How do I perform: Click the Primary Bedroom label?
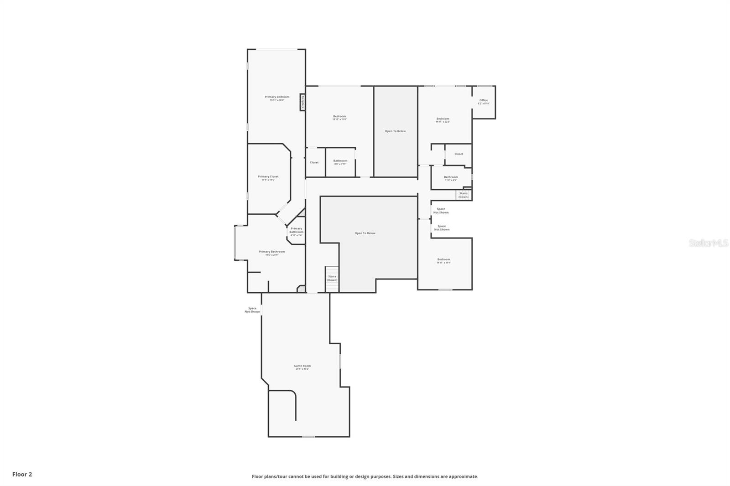[277, 98]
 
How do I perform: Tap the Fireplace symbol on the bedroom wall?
[302, 102]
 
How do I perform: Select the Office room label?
[484, 102]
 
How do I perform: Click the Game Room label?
[302, 367]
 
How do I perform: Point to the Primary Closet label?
[268, 178]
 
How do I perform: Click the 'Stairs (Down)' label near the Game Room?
[332, 278]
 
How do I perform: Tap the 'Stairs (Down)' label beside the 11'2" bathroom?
[463, 195]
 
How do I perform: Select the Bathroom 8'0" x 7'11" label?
[340, 162]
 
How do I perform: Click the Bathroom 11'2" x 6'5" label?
[451, 178]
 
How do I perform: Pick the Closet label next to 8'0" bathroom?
[314, 162]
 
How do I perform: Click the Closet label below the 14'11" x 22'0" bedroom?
[459, 154]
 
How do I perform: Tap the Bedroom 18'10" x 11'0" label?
[339, 118]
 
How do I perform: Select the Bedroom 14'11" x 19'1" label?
[443, 261]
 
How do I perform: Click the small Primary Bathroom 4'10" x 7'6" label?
[296, 232]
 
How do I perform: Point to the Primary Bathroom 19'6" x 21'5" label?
[271, 253]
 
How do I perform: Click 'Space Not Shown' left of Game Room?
[252, 310]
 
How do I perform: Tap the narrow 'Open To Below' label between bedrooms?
[395, 131]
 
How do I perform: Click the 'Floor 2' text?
[22, 474]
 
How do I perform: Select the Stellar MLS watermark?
[708, 243]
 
